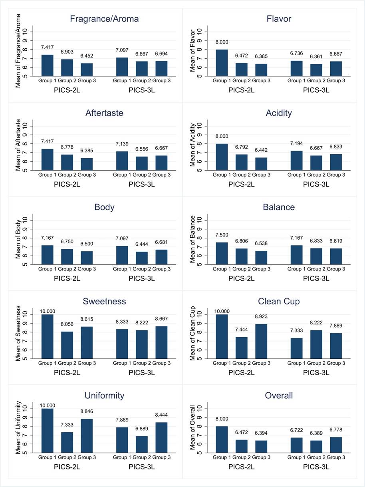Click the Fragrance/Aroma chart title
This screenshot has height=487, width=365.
tap(104, 19)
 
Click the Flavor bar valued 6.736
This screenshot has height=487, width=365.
tap(296, 68)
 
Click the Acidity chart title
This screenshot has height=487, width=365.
tap(279, 113)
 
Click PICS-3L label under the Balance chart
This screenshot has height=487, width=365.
tap(316, 278)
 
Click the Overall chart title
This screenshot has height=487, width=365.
tap(279, 396)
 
